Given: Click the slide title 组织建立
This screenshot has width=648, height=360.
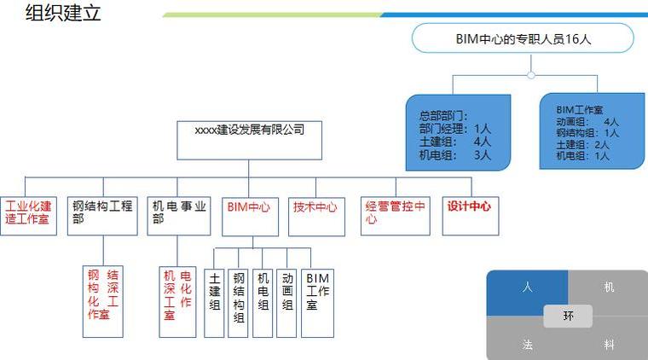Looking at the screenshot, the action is coord(63,13).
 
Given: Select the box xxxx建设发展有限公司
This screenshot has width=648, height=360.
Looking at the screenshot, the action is coord(249,140).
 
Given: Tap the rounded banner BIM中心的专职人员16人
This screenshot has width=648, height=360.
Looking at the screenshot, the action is coord(523,38).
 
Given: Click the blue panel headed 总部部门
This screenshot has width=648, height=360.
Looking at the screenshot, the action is coord(459,132).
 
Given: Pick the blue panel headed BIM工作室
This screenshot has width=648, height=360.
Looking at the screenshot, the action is coord(592,131).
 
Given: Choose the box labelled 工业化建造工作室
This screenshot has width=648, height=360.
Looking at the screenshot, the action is coord(28,216).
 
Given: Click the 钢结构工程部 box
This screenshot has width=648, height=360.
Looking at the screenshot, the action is coord(102,216).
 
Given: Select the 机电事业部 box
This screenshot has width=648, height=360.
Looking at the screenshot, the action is coord(179,216).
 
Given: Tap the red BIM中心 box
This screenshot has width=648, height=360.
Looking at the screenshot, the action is coord(251,217).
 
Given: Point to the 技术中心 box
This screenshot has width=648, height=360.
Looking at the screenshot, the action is coord(316,217).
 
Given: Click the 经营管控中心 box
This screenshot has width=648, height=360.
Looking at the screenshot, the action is coord(396,216).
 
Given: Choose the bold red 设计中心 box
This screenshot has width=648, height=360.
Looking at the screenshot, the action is coord(471,216).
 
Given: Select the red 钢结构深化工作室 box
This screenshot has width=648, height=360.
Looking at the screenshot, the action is coord(103,302).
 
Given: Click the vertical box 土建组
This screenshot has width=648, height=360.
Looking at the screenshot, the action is coord(214,304).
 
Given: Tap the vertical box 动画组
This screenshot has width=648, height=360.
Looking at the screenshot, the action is coord(286,304).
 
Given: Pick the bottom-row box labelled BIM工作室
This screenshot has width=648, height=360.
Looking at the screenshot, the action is coord(317,304).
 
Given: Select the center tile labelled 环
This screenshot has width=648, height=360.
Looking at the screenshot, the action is coord(568,316).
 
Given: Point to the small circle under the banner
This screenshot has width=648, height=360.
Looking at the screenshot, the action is coord(531,75).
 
